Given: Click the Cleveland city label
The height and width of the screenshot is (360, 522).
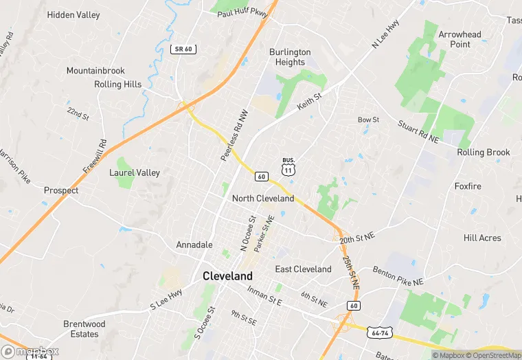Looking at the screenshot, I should [x=227, y=276].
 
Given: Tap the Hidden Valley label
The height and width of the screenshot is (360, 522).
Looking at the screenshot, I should [x=73, y=15].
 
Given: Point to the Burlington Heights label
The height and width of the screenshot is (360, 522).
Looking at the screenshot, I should [x=290, y=57].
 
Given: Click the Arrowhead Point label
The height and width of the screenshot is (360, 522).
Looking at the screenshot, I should [x=460, y=39].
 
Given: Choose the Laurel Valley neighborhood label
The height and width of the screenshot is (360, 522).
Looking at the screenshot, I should [x=135, y=172].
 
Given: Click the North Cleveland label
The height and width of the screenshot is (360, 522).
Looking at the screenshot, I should [x=263, y=199].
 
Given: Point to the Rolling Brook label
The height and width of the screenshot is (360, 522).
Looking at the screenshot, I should [x=484, y=153].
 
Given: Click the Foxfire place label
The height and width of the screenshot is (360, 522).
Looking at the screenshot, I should [x=468, y=186].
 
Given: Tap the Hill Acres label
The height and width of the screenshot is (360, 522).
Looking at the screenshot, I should [x=482, y=238].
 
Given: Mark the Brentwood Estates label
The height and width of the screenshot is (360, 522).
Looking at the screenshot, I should [x=84, y=329].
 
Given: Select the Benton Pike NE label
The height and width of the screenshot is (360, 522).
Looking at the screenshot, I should [x=398, y=276].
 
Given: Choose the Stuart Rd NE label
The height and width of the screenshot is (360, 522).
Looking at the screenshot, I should [x=418, y=131].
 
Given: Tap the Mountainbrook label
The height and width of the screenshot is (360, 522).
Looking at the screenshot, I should [x=95, y=71].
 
